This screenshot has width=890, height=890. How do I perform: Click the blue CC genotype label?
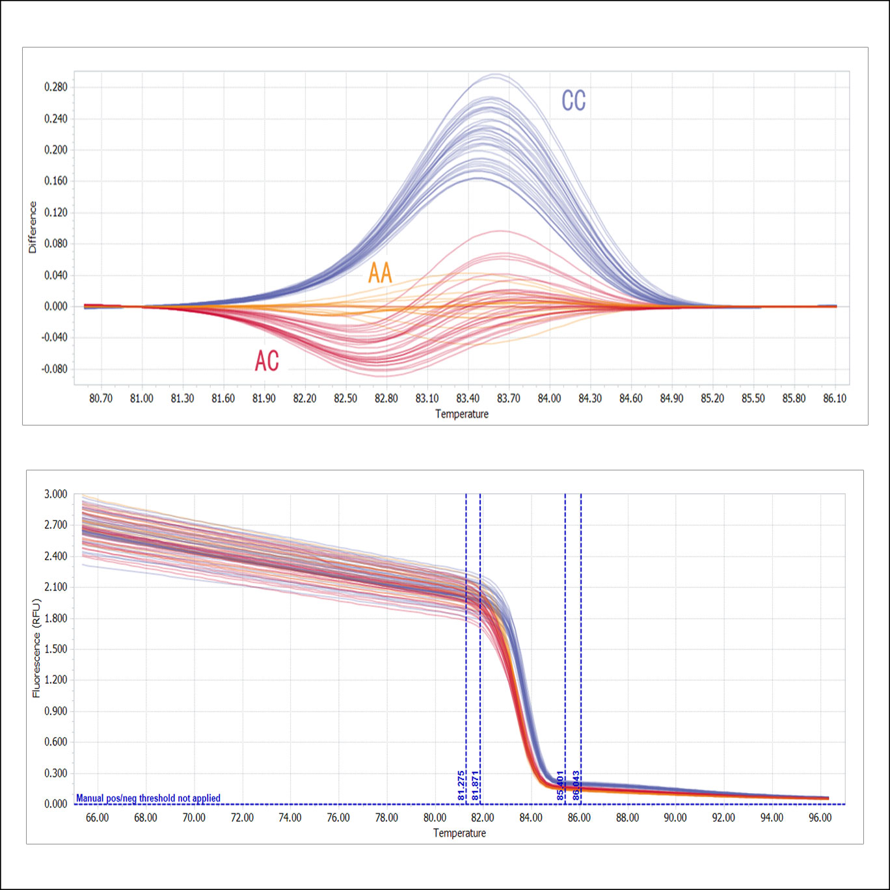pyautogui.click(x=573, y=101)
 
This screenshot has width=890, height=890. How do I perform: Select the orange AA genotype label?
pyautogui.click(x=380, y=273)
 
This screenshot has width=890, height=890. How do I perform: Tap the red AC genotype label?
pyautogui.click(x=267, y=361)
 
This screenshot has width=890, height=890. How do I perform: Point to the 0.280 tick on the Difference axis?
pyautogui.click(x=56, y=87)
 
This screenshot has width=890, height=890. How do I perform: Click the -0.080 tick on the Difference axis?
pyautogui.click(x=55, y=369)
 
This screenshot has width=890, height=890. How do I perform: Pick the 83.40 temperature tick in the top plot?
pyautogui.click(x=468, y=398)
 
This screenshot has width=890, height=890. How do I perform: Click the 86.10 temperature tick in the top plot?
pyautogui.click(x=835, y=398)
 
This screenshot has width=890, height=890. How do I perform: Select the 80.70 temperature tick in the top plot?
pyautogui.click(x=101, y=398)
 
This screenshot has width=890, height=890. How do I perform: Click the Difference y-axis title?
pyautogui.click(x=33, y=227)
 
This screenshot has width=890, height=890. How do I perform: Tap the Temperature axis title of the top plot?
pyautogui.click(x=461, y=414)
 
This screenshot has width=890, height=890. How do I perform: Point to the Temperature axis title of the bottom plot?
pyautogui.click(x=459, y=833)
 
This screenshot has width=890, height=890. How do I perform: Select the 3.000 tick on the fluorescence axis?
pyautogui.click(x=56, y=494)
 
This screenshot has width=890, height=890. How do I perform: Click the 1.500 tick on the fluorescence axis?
pyautogui.click(x=56, y=649)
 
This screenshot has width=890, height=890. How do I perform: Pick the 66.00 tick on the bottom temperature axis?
pyautogui.click(x=98, y=818)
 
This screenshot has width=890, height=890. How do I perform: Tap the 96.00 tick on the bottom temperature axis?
pyautogui.click(x=820, y=818)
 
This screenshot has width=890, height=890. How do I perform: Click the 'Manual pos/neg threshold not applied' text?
pyautogui.click(x=148, y=798)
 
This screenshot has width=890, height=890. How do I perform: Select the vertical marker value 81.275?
pyautogui.click(x=461, y=785)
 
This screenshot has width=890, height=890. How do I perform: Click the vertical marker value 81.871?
pyautogui.click(x=476, y=785)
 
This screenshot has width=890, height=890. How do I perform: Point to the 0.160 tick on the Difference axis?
pyautogui.click(x=56, y=181)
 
